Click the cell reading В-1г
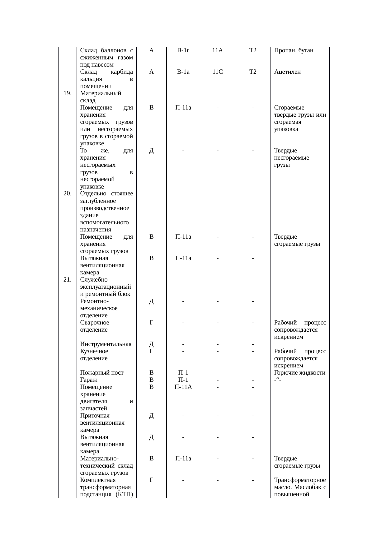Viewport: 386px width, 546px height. [x=183, y=50]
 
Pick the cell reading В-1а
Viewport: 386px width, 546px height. [x=183, y=72]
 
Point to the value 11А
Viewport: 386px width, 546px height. [x=217, y=50]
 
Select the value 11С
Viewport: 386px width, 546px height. [x=217, y=72]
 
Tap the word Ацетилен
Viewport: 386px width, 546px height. [x=287, y=72]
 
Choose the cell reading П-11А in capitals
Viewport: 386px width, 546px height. [x=183, y=387]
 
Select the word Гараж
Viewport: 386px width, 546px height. [x=89, y=380]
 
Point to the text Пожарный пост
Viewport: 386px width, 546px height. [x=102, y=373]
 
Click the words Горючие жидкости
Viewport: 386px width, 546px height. [x=300, y=373]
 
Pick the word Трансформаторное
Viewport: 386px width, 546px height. [x=300, y=480]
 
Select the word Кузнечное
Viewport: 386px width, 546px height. [x=94, y=351]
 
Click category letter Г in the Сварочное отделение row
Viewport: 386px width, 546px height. [x=151, y=323]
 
